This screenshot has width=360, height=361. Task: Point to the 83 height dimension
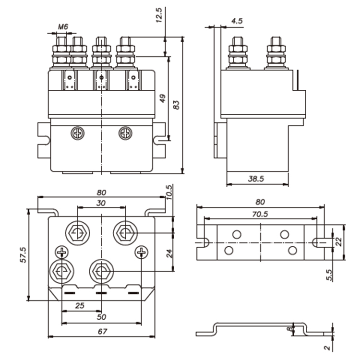(x=176, y=105)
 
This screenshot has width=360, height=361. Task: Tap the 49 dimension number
(x=162, y=99)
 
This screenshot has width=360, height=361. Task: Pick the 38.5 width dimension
(x=257, y=178)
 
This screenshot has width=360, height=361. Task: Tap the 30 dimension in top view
(x=101, y=203)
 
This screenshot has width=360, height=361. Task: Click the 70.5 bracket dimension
(x=259, y=214)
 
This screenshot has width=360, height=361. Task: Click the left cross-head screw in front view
(x=77, y=132)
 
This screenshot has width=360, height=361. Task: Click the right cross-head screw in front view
(x=125, y=132)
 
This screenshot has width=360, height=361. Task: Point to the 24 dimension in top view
(x=169, y=253)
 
